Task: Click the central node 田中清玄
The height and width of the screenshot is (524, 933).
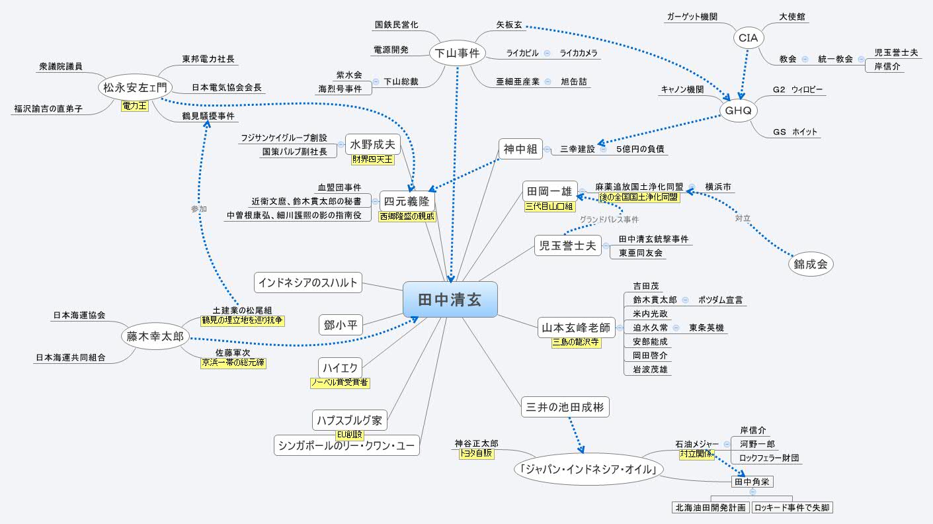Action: coord(450,299)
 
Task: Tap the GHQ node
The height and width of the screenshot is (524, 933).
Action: coord(738,110)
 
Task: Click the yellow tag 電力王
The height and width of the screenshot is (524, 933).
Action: coord(134,105)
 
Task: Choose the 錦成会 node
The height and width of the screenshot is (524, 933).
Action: coord(811,264)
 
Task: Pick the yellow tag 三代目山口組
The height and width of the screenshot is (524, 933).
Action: coord(549,206)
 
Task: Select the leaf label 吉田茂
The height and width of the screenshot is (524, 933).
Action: coord(646,286)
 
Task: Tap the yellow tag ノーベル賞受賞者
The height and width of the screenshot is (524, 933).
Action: coord(340,382)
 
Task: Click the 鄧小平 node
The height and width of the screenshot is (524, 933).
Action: coord(341,324)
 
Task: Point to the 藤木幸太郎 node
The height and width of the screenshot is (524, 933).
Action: coord(155,337)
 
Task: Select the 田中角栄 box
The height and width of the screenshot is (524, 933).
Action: coord(752,482)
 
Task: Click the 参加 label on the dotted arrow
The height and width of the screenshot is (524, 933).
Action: coord(199,208)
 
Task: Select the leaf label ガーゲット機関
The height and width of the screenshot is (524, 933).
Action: coord(691,17)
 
